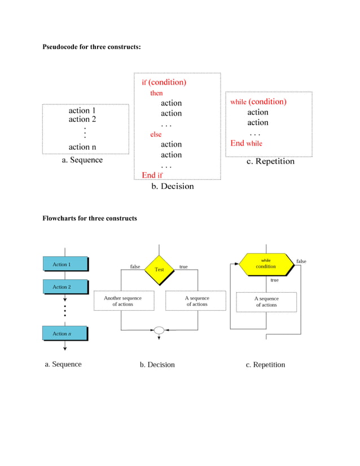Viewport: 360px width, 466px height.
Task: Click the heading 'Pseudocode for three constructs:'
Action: [91, 46]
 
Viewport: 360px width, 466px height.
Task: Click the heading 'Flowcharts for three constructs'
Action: [90, 218]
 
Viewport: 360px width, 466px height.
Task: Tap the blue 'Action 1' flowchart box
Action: [65, 264]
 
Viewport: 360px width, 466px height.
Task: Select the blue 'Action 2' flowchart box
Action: [65, 287]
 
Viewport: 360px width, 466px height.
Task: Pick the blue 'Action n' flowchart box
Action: [65, 333]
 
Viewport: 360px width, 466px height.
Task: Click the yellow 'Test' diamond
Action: [159, 270]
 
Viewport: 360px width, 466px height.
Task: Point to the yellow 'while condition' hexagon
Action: [265, 263]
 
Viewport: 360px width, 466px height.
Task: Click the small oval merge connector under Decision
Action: [159, 330]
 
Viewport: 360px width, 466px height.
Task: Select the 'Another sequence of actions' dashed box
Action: [123, 301]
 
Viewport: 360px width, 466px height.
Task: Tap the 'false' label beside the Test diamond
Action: [135, 266]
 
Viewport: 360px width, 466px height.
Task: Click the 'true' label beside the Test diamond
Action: [183, 266]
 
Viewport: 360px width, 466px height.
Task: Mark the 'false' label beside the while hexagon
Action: [301, 261]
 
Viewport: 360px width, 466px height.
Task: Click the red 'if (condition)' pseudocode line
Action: [164, 82]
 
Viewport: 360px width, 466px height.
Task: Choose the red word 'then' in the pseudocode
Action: [156, 93]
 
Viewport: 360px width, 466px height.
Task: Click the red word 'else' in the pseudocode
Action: [155, 134]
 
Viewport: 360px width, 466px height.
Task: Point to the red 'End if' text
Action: [152, 175]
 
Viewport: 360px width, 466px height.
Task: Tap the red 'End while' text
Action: [246, 143]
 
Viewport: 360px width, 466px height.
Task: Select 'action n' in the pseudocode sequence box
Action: [82, 147]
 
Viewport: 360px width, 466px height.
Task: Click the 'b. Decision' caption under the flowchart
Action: [157, 364]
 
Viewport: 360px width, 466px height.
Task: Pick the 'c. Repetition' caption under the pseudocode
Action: [270, 161]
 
